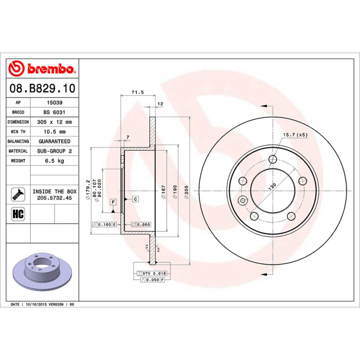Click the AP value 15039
tap(54, 103)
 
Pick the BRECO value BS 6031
tap(54, 112)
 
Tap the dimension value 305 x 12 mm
tap(54, 122)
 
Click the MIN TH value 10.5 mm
tap(54, 132)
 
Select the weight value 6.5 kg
tap(54, 161)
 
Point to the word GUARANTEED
tap(54, 141)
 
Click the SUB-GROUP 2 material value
tap(54, 151)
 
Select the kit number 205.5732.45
tap(54, 198)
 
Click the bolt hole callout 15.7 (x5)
tap(295, 135)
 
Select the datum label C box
tap(135, 198)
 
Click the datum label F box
tap(113, 202)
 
